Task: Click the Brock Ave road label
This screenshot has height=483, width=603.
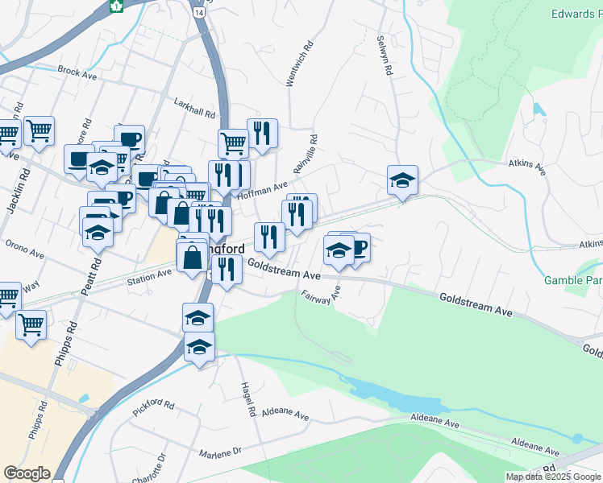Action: pyautogui.click(x=77, y=71)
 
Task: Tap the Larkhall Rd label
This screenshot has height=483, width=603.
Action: pyautogui.click(x=195, y=108)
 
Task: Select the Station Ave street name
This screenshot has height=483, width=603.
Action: pyautogui.click(x=150, y=277)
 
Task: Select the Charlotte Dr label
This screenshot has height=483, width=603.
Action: pyautogui.click(x=158, y=467)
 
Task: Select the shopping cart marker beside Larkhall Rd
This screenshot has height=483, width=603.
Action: pyautogui.click(x=233, y=143)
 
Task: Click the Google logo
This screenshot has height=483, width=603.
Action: pyautogui.click(x=27, y=473)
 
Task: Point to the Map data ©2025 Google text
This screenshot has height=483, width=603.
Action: pyautogui.click(x=554, y=477)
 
